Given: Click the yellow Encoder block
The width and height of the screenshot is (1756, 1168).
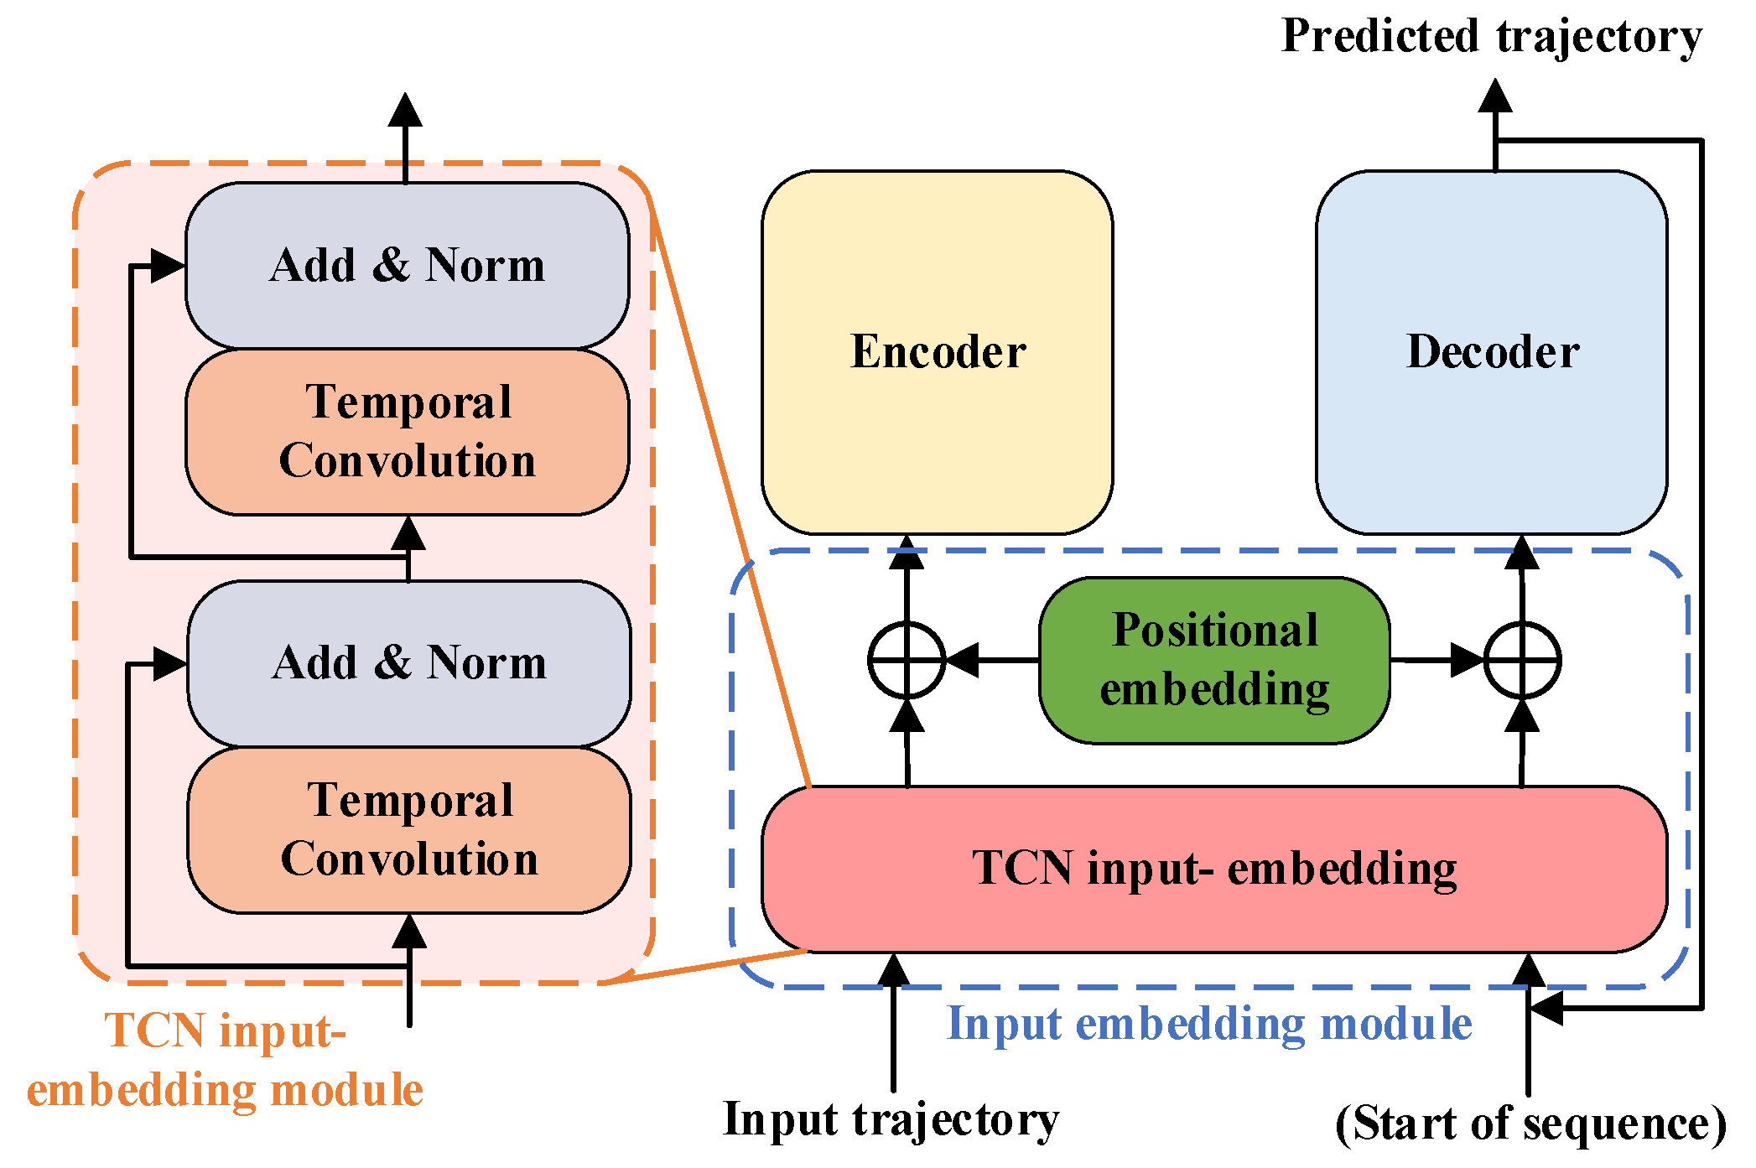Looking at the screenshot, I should [x=937, y=352].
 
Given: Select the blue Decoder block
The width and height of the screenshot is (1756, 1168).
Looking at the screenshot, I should [x=1491, y=352].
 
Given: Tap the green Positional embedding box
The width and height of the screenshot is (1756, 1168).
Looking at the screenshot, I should [x=1213, y=660].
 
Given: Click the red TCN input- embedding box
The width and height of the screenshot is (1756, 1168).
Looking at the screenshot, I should [x=1213, y=869].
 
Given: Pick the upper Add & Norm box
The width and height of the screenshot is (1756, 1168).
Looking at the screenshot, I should [x=407, y=265].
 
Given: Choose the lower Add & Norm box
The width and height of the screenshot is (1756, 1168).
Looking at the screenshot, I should [x=408, y=662].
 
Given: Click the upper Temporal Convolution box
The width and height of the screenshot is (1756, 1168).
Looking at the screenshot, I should [x=407, y=431].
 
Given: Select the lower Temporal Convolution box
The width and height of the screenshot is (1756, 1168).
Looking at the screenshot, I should [x=408, y=829].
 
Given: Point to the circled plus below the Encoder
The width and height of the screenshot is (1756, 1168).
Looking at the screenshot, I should [x=907, y=660].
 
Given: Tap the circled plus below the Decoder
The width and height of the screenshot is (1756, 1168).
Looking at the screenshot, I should [x=1521, y=660].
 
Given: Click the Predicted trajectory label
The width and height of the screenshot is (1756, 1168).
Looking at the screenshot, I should [x=1491, y=37].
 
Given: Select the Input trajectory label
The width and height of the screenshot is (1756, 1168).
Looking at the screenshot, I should [x=891, y=1119].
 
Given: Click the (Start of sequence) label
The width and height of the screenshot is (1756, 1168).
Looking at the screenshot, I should [x=1530, y=1124].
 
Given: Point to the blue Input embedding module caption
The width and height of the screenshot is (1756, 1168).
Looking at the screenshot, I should [x=1208, y=1024].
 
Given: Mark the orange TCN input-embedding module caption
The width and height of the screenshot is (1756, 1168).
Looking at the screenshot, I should [x=225, y=1060].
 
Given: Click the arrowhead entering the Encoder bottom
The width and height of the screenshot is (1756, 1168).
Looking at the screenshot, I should [x=907, y=553].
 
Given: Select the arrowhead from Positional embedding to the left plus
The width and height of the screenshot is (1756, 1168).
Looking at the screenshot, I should [x=963, y=660].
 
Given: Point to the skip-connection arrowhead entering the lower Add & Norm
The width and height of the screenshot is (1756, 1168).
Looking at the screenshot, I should [x=170, y=664].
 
